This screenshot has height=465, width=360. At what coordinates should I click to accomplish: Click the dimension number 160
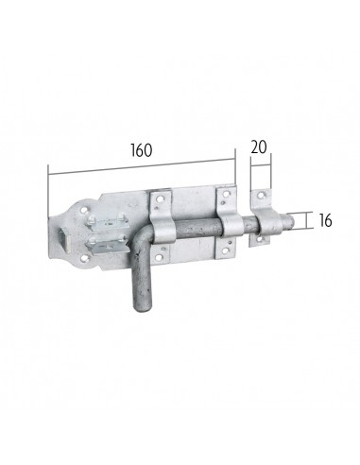click(142, 150)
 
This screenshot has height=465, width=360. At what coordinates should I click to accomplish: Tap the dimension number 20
click(259, 147)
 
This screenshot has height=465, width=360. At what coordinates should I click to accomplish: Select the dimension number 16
click(325, 220)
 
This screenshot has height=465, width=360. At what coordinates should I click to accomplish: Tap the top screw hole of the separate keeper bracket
click(260, 195)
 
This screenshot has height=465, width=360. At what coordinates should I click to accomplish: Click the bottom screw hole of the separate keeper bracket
click(260, 240)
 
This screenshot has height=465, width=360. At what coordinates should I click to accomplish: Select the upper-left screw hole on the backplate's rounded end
click(84, 210)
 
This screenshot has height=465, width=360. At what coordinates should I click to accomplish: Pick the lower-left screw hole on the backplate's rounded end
click(83, 258)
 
